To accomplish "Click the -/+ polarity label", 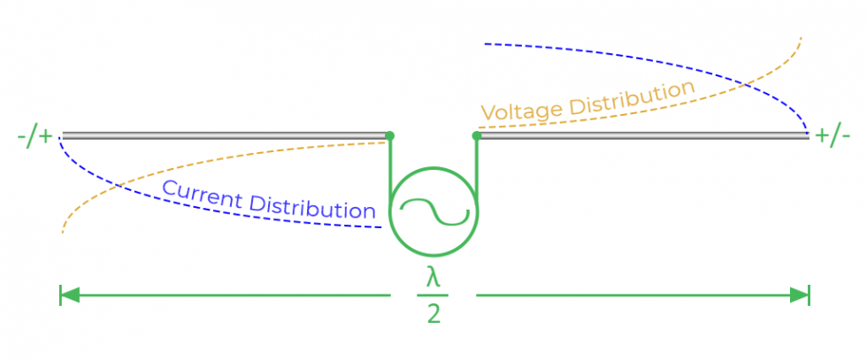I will click(35, 137).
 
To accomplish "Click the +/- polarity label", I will click(833, 136).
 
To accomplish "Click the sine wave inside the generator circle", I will click(433, 213).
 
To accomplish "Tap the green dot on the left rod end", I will click(390, 136).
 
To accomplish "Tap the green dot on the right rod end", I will click(477, 136).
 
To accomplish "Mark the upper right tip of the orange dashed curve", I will click(801, 39).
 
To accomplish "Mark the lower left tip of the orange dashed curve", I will click(63, 232).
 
